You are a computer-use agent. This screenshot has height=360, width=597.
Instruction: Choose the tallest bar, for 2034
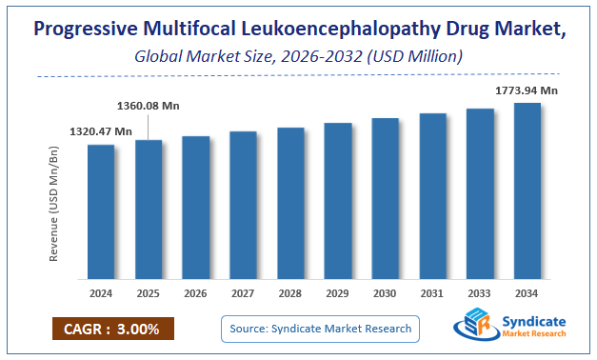point(527,190)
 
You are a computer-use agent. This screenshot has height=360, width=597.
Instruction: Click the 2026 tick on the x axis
point(195,292)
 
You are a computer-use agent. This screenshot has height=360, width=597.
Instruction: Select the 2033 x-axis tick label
point(480,292)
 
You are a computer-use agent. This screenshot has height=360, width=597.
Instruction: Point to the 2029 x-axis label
point(338,292)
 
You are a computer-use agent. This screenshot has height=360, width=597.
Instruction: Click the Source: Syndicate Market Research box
point(320,329)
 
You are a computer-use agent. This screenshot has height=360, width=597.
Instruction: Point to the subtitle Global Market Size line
point(298,57)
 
